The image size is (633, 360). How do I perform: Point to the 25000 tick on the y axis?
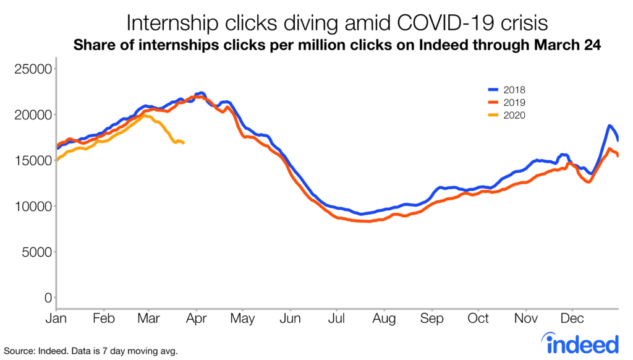[32, 69]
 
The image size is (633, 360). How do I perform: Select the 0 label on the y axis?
[47, 298]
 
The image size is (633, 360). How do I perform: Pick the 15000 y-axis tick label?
[32, 160]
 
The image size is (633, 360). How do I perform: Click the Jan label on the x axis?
[56, 319]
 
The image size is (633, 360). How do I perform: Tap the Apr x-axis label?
[196, 319]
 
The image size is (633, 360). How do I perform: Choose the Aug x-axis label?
[384, 319]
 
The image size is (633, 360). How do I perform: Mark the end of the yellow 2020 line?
[184, 144]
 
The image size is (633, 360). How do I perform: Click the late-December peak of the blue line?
[610, 126]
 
